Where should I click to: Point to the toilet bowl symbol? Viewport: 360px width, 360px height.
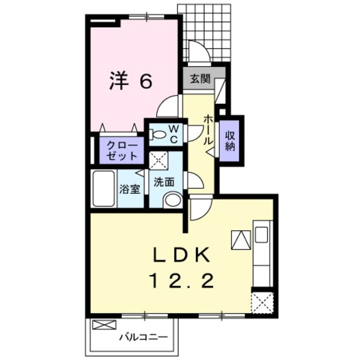[x=159, y=135]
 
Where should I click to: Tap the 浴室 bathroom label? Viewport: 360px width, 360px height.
[x=130, y=189]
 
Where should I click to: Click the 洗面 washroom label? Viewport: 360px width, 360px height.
[x=163, y=182]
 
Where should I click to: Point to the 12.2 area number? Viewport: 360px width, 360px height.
[x=181, y=280]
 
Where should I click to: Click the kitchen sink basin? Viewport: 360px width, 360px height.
[x=262, y=233]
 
